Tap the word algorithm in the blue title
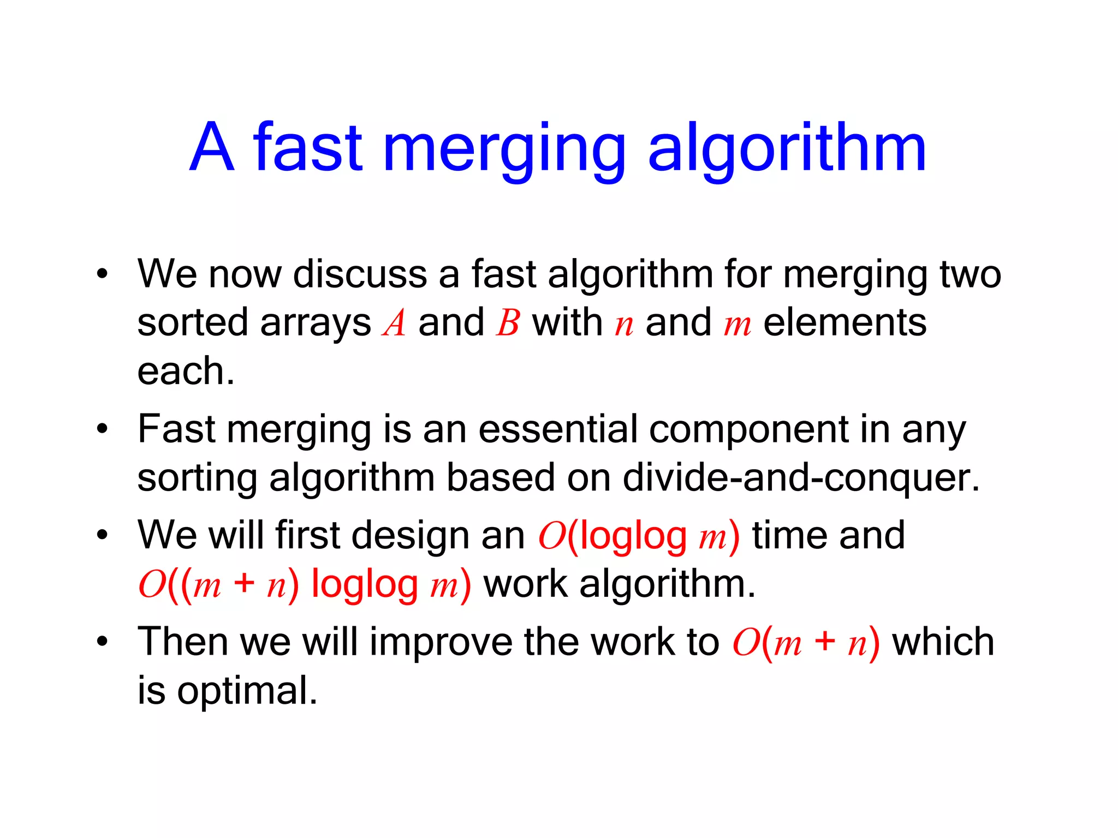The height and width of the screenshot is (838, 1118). point(787,148)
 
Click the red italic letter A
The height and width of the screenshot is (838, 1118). point(394,322)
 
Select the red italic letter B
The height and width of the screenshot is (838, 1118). point(508,322)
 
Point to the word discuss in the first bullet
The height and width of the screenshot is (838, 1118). point(360,274)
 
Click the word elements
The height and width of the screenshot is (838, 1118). point(845,322)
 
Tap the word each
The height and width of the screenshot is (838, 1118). point(186,371)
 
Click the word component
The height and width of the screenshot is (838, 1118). point(748,429)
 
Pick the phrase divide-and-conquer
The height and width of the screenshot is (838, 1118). point(801,478)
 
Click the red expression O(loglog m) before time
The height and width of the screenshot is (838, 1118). point(639,536)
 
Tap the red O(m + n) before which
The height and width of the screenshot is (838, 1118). point(806,642)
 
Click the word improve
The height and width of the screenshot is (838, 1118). point(441,642)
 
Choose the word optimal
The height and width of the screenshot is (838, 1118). point(247,691)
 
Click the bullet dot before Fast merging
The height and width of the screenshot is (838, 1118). point(102,429)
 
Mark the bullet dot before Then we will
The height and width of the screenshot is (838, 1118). point(102,642)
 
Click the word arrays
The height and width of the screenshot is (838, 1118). point(316,324)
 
